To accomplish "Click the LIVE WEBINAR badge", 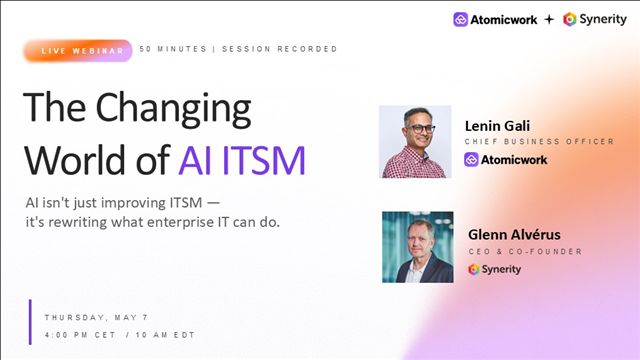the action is point(78,51).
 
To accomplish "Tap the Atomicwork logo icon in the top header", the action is point(460,19).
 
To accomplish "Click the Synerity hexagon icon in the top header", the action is point(569,19).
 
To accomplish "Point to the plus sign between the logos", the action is point(549,19).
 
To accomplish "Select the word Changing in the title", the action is point(173,109).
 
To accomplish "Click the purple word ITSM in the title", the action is point(264,160).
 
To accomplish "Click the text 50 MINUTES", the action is point(173,49).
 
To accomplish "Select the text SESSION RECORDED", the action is point(280,49).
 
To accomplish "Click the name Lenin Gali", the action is point(497,126).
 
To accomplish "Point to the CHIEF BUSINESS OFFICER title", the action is point(539,142).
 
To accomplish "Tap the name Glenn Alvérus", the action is point(514,235).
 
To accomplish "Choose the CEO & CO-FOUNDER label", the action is point(525,251).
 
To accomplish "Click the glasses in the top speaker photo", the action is point(420,129).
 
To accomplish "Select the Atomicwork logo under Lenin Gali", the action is point(505,160).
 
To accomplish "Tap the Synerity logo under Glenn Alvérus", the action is point(494,269).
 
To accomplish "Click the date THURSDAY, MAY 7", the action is point(96,318).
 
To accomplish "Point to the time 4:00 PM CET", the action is point(80,335).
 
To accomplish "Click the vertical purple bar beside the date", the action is point(30,322).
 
